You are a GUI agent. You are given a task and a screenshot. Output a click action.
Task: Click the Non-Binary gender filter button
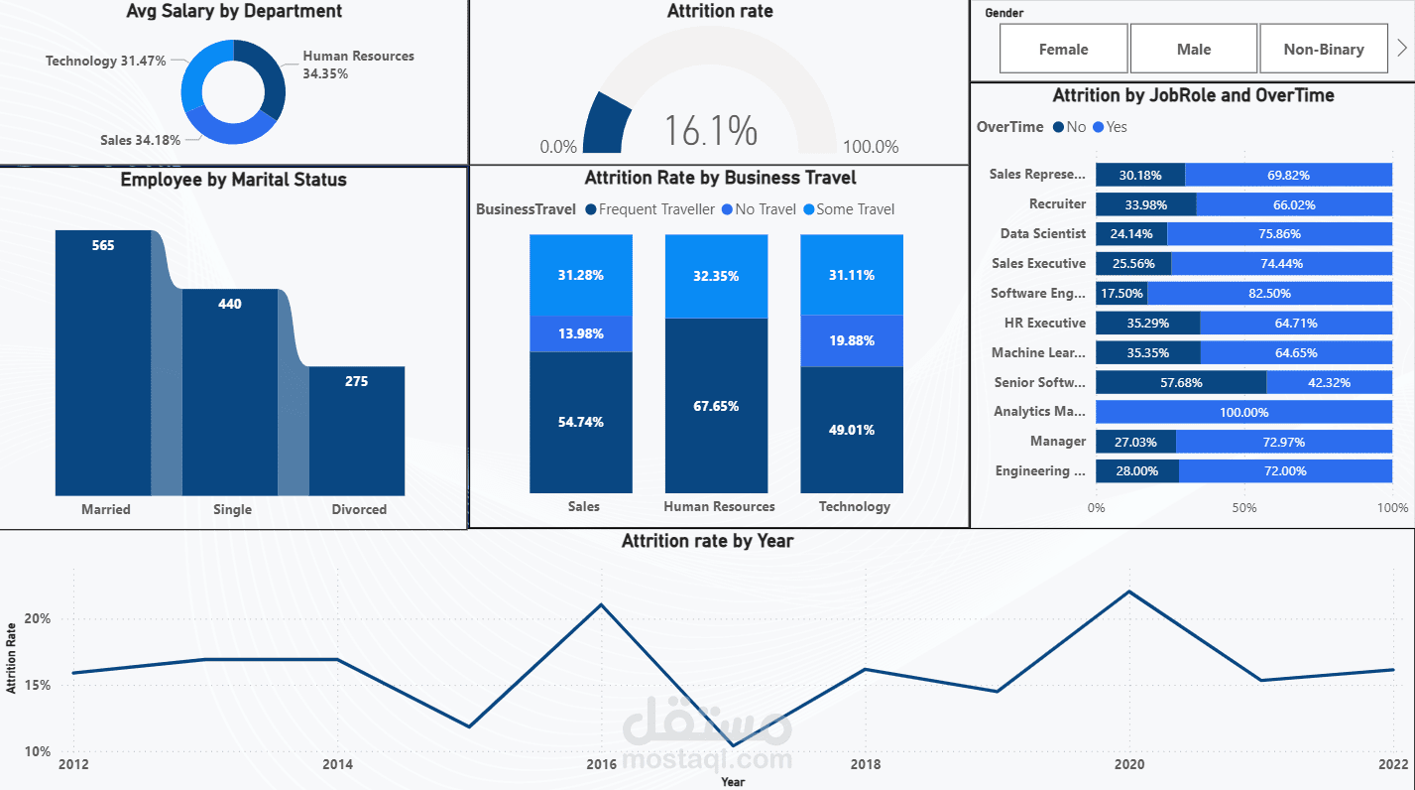click(x=1323, y=49)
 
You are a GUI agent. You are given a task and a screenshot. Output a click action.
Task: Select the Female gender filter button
click(x=1063, y=49)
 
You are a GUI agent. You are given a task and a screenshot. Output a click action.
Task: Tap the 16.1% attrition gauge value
click(x=710, y=131)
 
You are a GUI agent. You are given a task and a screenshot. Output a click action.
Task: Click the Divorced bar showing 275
click(x=356, y=431)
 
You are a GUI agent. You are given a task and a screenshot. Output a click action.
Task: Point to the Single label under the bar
click(x=232, y=509)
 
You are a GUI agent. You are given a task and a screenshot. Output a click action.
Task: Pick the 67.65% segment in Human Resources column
click(x=716, y=406)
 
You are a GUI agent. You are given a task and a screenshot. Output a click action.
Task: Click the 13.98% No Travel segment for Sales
click(x=580, y=333)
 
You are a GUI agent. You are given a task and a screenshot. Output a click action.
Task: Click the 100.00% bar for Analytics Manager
click(x=1243, y=412)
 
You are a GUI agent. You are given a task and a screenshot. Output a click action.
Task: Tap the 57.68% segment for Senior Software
click(x=1180, y=382)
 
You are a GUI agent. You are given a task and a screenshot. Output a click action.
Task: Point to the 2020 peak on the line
click(x=1129, y=592)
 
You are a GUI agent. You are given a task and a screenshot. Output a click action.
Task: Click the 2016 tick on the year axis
click(x=601, y=764)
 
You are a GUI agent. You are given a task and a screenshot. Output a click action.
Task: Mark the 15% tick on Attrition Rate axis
click(x=38, y=685)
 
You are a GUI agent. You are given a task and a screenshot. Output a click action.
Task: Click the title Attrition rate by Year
click(x=707, y=541)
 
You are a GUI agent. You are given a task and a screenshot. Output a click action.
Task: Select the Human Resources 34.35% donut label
click(x=358, y=65)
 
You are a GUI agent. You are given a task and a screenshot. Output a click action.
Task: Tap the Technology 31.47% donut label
click(x=105, y=61)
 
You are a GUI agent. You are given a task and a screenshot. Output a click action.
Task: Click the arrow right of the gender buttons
click(x=1401, y=48)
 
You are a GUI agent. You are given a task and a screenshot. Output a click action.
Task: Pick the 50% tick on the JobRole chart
click(x=1243, y=508)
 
